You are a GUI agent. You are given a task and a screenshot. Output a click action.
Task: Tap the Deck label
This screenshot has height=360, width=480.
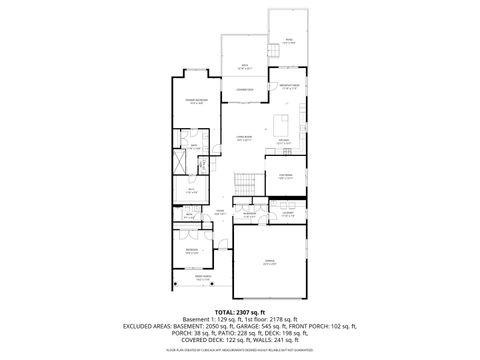point(245,68)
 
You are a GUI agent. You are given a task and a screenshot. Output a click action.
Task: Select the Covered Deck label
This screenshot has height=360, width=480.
point(244,91)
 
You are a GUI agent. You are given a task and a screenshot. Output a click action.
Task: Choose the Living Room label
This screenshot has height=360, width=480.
point(244,138)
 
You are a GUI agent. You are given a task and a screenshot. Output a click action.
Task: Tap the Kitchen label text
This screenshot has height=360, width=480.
point(284,141)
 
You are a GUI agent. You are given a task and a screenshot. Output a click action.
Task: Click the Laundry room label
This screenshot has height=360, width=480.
point(287,214)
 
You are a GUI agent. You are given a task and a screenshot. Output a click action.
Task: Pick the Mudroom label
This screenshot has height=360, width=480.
point(250,214)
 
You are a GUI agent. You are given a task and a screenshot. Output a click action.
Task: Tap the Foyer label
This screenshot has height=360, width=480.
point(219,212)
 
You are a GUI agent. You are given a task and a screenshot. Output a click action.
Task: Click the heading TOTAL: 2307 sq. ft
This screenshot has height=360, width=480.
point(240,312)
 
